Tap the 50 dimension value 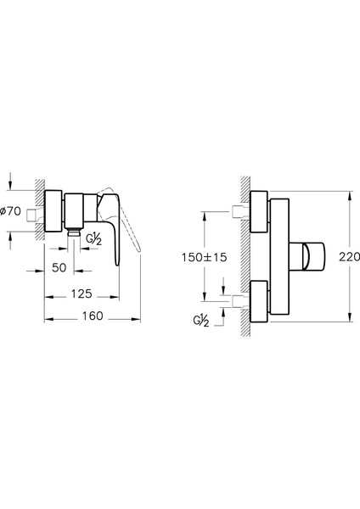pyautogui.click(x=59, y=267)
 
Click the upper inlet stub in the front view pyautogui.click(x=240, y=209)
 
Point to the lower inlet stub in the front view pyautogui.click(x=240, y=299)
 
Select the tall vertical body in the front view pyautogui.click(x=280, y=255)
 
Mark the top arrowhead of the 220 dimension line pyautogui.click(x=348, y=194)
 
